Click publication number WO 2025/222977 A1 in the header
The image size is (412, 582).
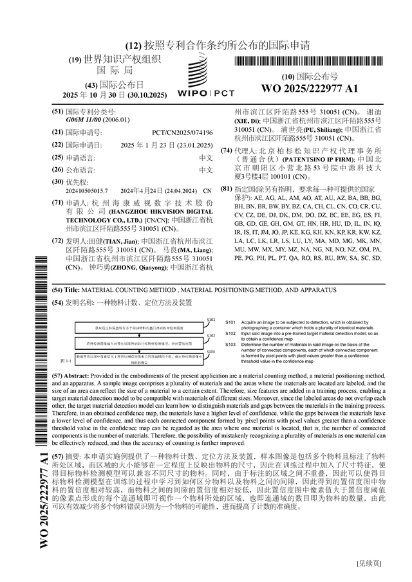[310, 88]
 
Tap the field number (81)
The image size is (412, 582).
[226, 188]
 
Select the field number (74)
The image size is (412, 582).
[226, 150]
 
